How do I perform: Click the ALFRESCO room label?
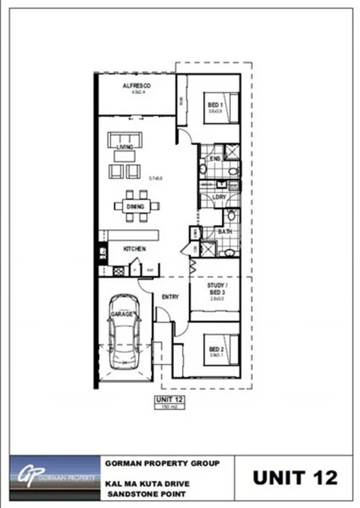136,85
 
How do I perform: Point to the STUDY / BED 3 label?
218,288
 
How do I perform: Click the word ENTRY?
170,297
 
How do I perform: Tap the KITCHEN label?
133,250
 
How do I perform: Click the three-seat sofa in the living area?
125,141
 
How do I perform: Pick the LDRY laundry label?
220,197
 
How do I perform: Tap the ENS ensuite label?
215,159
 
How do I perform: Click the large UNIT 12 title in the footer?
295,478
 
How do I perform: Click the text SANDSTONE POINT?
142,495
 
